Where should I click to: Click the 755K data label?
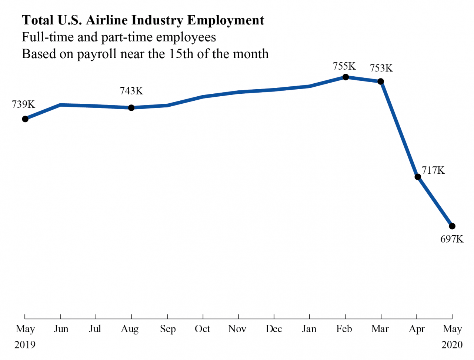coord(344,66)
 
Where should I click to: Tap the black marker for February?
coord(346,77)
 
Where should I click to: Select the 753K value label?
coord(381,68)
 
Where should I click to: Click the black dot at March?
coord(381,81)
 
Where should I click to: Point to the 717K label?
coord(433,170)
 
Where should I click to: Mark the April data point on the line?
coord(418,177)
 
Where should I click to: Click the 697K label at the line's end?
coord(452,239)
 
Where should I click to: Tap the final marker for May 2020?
coord(452,226)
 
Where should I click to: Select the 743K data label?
coord(131,91)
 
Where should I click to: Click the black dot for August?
coord(131,107)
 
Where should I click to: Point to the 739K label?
coord(23,104)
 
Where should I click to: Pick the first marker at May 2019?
coord(25,119)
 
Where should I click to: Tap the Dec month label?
coord(274,329)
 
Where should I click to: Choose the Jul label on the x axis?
coord(95,329)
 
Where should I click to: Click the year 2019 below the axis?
coord(25,345)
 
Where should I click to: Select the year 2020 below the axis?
coord(452,345)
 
